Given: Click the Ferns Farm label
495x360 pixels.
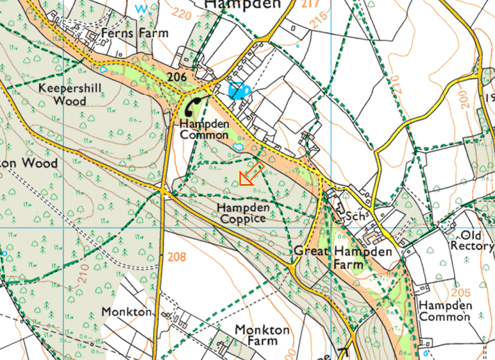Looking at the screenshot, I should pos(134,33).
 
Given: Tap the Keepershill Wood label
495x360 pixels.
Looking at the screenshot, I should pos(70,94).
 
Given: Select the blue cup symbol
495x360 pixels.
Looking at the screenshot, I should pos(239,90).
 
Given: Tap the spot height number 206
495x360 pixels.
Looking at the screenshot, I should pos(177,77).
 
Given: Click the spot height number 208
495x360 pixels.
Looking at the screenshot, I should pos(177,257).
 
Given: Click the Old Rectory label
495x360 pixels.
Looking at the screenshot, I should pos(472,240).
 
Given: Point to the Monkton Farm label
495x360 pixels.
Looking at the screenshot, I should pos(262,335).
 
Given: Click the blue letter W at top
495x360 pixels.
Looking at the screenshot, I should pos(142,8).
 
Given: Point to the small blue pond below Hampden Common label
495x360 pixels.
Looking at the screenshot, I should pos(237,145).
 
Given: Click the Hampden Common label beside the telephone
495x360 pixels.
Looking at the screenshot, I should pos(204,130).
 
